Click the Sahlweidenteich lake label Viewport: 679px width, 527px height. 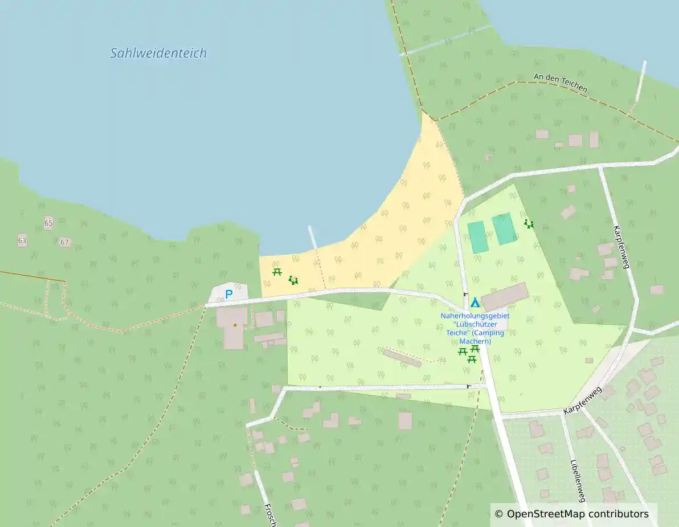pyautogui.click(x=158, y=54)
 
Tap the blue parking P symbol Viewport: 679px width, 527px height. pyautogui.click(x=228, y=295)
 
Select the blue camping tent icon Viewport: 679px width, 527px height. pyautogui.click(x=475, y=303)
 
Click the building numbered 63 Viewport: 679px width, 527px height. pyautogui.click(x=22, y=240)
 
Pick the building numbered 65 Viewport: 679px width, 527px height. pyautogui.click(x=48, y=223)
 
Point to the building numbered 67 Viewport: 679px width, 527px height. pyautogui.click(x=64, y=242)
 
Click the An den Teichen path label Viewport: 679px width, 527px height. pyautogui.click(x=561, y=83)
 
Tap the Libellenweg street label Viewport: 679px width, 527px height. pyautogui.click(x=578, y=481)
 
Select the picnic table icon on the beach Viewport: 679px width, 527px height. pyautogui.click(x=277, y=272)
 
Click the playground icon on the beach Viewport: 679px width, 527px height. pyautogui.click(x=293, y=280)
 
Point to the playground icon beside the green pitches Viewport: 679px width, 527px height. pyautogui.click(x=529, y=224)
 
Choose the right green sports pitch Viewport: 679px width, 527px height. pyautogui.click(x=504, y=229)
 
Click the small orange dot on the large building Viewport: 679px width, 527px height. pyautogui.click(x=235, y=325)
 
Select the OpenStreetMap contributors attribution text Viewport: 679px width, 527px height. pyautogui.click(x=571, y=514)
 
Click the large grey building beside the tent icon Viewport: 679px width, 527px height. pyautogui.click(x=505, y=297)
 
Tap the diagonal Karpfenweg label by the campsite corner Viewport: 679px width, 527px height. pyautogui.click(x=583, y=401)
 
